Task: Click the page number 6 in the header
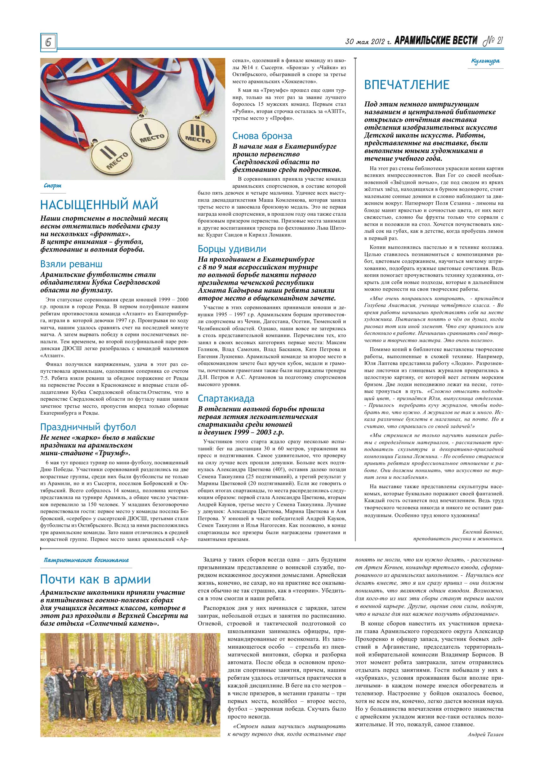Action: [x=48, y=43]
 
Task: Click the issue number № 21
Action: [x=493, y=41]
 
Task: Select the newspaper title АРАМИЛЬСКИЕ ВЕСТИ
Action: [x=436, y=41]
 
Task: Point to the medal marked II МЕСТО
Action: [x=111, y=157]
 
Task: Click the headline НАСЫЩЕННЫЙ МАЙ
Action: [x=99, y=204]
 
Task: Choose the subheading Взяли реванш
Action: [x=71, y=264]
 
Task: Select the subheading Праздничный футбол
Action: [x=88, y=427]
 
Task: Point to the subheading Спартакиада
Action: [x=226, y=399]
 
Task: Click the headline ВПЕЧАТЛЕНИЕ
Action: [x=407, y=85]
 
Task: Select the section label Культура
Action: [x=485, y=61]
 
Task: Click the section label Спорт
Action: [x=53, y=186]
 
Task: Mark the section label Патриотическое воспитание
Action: [x=86, y=560]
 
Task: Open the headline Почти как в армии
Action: [x=96, y=579]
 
